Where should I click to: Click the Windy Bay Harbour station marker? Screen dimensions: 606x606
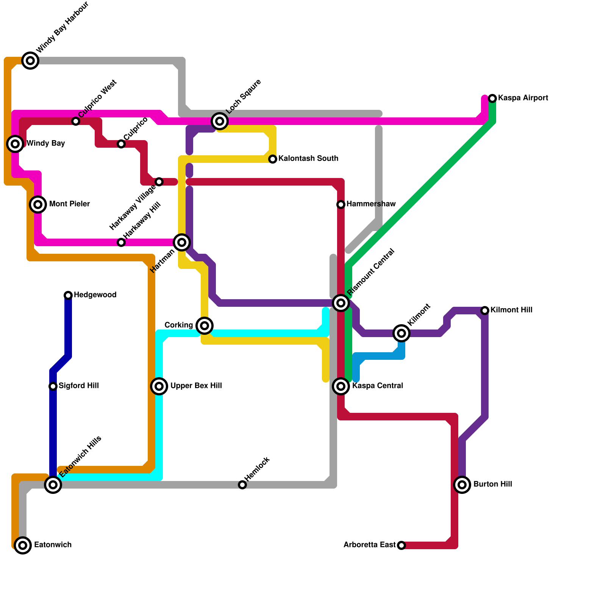30,61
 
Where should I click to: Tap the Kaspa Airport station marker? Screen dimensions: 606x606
492,98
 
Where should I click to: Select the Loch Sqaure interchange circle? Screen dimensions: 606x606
220,121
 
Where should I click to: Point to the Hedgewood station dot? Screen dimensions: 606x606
68,295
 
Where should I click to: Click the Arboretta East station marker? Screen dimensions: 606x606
401,545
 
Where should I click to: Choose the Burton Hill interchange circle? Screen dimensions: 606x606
462,485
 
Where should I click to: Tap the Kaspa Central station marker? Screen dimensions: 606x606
341,386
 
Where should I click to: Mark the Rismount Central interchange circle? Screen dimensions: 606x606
341,303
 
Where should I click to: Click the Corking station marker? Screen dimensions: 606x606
205,326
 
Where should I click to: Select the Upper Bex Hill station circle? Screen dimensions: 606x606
159,386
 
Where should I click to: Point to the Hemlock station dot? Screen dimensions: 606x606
242,485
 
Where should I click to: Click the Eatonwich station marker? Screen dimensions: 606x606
23,545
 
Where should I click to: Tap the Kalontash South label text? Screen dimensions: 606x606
308,159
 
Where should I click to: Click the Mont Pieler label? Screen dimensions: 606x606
69,204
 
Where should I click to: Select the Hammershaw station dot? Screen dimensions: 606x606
341,205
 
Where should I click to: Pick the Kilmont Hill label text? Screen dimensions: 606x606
511,310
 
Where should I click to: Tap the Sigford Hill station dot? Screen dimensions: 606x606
53,386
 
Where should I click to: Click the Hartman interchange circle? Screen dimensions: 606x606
182,242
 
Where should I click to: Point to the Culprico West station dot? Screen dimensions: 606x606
76,121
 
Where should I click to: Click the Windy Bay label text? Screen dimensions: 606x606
45,144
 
